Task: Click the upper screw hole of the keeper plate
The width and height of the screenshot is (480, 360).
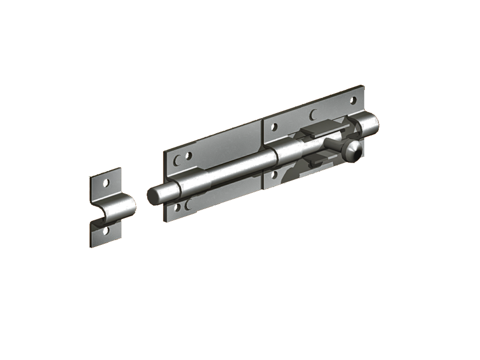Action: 106,182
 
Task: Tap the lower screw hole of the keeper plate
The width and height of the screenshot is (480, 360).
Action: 106,231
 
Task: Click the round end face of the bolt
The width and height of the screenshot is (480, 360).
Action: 152,196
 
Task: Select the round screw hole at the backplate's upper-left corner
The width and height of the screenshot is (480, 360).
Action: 189,155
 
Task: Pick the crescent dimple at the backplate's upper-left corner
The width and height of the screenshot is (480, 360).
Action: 178,160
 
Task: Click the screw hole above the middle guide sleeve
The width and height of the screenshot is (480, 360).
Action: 274,127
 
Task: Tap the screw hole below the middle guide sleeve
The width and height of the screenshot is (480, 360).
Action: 274,175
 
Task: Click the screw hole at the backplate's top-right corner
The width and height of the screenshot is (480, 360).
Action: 353,100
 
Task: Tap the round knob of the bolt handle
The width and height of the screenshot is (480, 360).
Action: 352,151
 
